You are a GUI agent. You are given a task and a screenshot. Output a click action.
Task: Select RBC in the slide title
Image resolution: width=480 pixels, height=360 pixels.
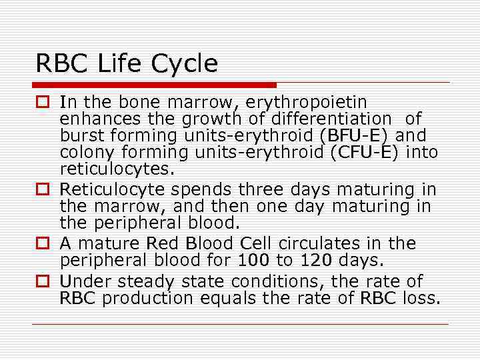coord(62,64)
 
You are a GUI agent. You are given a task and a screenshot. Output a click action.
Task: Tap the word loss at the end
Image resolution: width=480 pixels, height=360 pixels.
coord(422,298)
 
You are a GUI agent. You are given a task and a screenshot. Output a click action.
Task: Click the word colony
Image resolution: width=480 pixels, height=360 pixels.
coord(85,152)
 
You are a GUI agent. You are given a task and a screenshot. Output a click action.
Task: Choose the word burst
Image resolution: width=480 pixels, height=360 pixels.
coord(81,135)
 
